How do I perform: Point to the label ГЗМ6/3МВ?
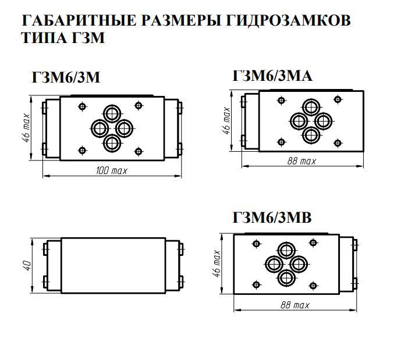(x=272, y=218)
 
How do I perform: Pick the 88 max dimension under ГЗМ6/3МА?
(x=301, y=161)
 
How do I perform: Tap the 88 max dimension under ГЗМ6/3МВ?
(x=294, y=305)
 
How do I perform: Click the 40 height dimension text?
(x=26, y=265)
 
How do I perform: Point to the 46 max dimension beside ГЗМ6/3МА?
(x=227, y=121)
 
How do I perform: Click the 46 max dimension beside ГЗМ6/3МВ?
(x=217, y=263)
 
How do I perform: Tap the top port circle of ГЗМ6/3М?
(x=111, y=113)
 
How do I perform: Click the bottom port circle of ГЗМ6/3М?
(x=111, y=142)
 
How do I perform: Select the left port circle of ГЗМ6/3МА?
(x=299, y=121)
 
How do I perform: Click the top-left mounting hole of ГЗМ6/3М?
(x=81, y=106)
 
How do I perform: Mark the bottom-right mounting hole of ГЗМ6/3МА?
(x=338, y=141)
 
